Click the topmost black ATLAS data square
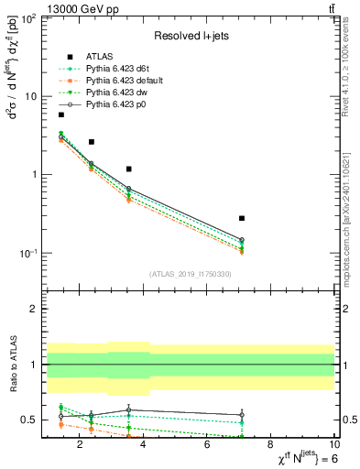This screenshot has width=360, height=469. pyautogui.click(x=61, y=115)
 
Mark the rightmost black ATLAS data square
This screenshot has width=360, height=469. pyautogui.click(x=242, y=218)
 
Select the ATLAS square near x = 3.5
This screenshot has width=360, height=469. pyautogui.click(x=129, y=169)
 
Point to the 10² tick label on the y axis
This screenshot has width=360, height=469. pyautogui.click(x=27, y=18)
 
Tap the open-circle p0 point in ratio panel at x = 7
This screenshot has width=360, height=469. pyautogui.click(x=242, y=415)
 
